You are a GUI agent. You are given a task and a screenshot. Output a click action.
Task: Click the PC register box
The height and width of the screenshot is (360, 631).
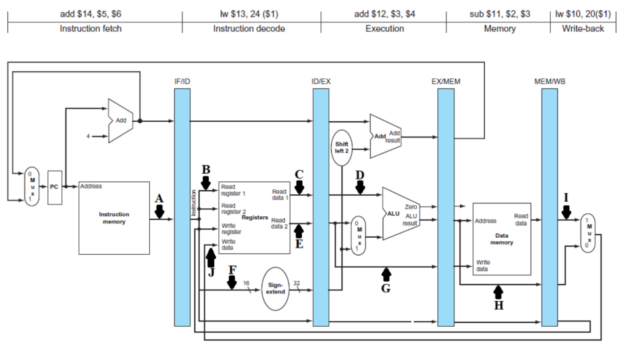point(55,188)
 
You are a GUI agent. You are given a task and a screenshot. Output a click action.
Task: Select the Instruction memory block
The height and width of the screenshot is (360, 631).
point(114,218)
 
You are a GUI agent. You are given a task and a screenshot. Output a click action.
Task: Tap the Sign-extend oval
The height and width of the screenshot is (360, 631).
point(276,289)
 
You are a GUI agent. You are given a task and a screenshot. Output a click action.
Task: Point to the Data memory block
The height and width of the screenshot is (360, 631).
point(501,239)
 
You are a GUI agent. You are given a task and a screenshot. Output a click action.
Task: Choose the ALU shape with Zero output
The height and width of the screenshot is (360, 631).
point(399,213)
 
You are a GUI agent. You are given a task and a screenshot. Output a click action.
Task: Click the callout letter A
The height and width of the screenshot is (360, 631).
point(159,199)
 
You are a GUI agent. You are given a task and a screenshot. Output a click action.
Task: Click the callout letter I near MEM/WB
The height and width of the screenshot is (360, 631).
point(566,198)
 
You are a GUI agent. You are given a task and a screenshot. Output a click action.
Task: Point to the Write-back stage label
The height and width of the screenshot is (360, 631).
point(583,28)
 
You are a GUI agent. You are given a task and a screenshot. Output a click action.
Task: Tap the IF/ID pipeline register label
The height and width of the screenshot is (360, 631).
point(181,81)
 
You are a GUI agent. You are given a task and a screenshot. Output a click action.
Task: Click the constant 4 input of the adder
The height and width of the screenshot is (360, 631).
point(88,136)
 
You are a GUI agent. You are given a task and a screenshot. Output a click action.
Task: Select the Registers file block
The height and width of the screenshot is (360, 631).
point(254,217)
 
